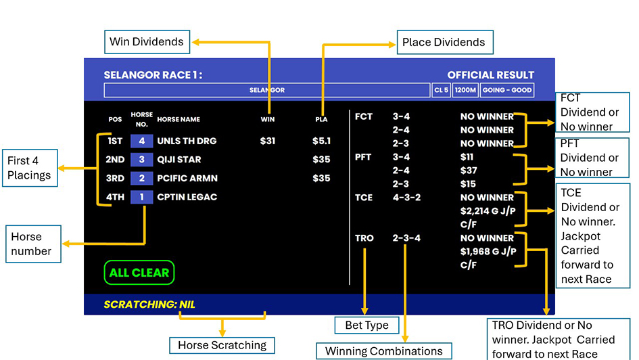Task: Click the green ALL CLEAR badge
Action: pyautogui.click(x=139, y=272)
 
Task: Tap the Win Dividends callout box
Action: pyautogui.click(x=147, y=41)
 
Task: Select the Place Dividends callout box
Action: pyautogui.click(x=445, y=42)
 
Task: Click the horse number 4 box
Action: pyautogui.click(x=142, y=141)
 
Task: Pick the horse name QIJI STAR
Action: pyautogui.click(x=179, y=160)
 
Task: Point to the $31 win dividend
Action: pyautogui.click(x=267, y=141)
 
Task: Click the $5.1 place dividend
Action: pyautogui.click(x=322, y=141)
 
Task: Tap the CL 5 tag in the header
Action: pyautogui.click(x=442, y=90)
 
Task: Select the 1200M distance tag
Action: pyautogui.click(x=465, y=90)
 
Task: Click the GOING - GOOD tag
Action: pyautogui.click(x=507, y=90)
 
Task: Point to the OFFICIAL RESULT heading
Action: pyautogui.click(x=491, y=75)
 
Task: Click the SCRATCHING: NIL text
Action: pyautogui.click(x=149, y=305)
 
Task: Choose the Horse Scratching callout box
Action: pyautogui.click(x=222, y=345)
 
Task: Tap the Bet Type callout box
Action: pyautogui.click(x=366, y=325)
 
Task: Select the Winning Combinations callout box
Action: pyautogui.click(x=384, y=351)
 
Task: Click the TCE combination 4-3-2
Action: pyautogui.click(x=406, y=198)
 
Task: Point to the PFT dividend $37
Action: pyautogui.click(x=469, y=171)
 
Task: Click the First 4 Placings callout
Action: pyautogui.click(x=30, y=168)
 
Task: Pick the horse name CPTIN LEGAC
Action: pyautogui.click(x=187, y=197)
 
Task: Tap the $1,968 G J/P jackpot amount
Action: pyautogui.click(x=488, y=252)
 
